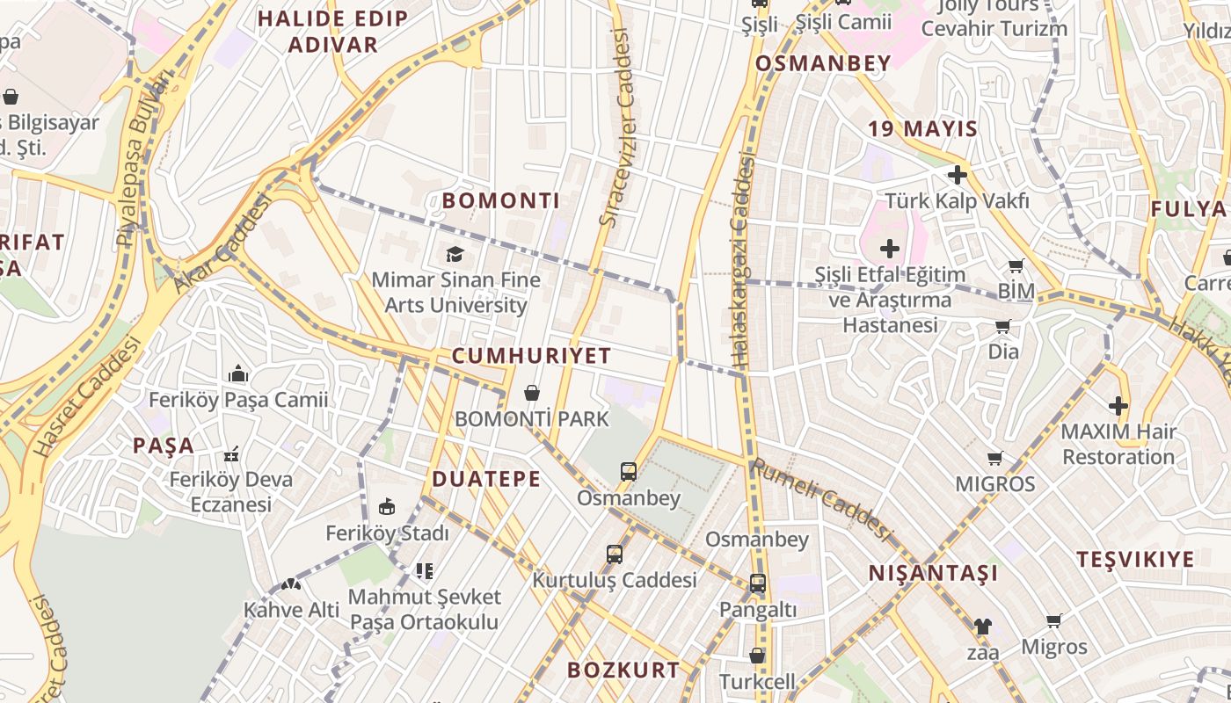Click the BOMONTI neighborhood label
pyautogui.click(x=500, y=200)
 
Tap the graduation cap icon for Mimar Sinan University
pyautogui.click(x=455, y=255)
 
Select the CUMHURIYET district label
pyautogui.click(x=531, y=356)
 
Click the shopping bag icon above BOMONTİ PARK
pyautogui.click(x=532, y=392)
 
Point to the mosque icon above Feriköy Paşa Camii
pyautogui.click(x=238, y=374)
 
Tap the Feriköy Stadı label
pyautogui.click(x=387, y=533)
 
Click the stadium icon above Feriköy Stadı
pyautogui.click(x=387, y=506)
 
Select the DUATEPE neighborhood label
pyautogui.click(x=486, y=479)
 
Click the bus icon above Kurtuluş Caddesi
pyautogui.click(x=615, y=554)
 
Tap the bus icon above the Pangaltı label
pyautogui.click(x=757, y=583)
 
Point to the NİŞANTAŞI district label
pyautogui.click(x=934, y=574)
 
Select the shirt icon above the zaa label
pyautogui.click(x=982, y=627)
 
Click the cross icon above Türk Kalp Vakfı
pyautogui.click(x=958, y=175)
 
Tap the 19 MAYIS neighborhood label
pyautogui.click(x=922, y=129)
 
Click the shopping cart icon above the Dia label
pyautogui.click(x=1003, y=327)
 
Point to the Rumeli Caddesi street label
pyautogui.click(x=819, y=499)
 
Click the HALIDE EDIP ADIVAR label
pyautogui.click(x=332, y=32)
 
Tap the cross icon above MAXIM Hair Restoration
pyautogui.click(x=1118, y=406)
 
